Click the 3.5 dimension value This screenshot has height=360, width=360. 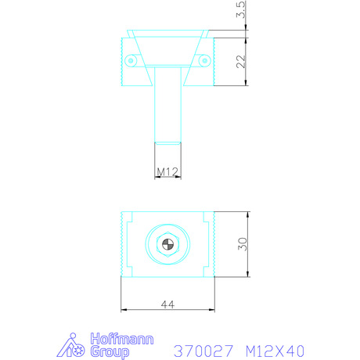[241, 9]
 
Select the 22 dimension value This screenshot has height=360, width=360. [241, 62]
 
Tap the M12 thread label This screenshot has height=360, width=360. [167, 171]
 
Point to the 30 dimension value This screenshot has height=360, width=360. [243, 244]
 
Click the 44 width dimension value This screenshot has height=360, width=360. [167, 304]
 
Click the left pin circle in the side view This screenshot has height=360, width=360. [131, 61]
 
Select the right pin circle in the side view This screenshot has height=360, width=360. [205, 61]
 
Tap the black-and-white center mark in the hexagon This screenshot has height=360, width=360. [167, 244]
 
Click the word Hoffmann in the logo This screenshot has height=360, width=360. [122, 339]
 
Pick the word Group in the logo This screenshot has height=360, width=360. [110, 352]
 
